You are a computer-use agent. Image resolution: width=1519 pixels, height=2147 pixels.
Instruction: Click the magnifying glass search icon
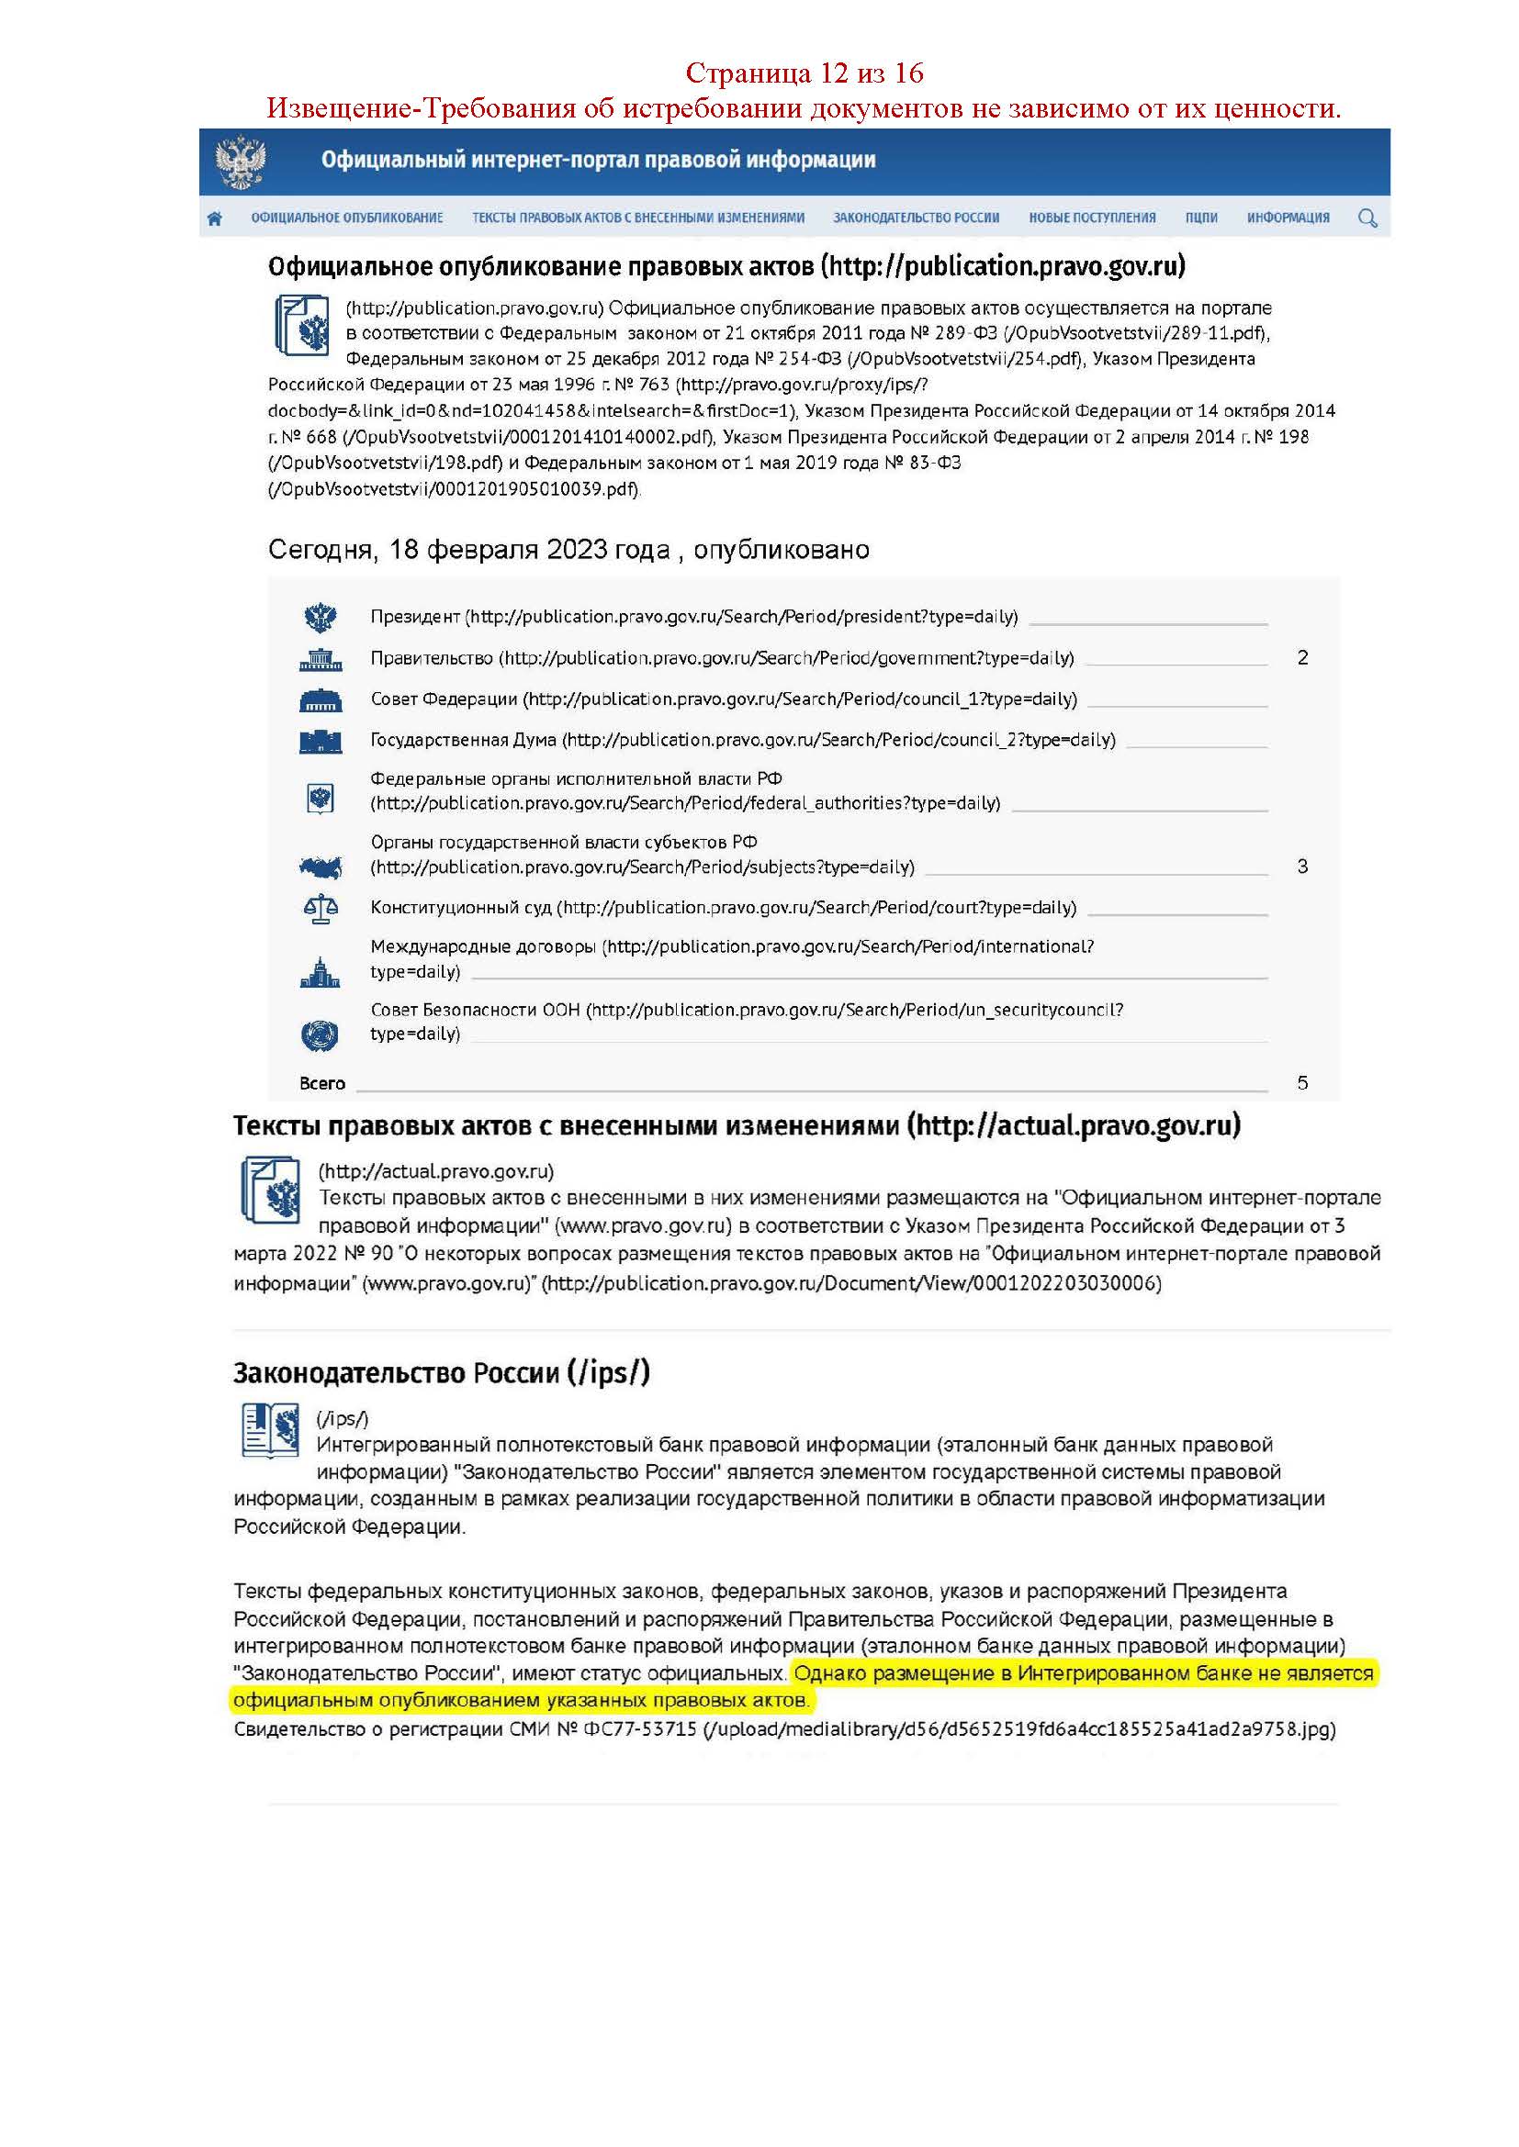pyautogui.click(x=1367, y=218)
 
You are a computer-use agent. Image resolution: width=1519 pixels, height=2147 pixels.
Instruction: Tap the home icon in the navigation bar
pyautogui.click(x=215, y=218)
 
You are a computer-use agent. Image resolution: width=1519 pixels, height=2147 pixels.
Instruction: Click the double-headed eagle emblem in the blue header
pyautogui.click(x=241, y=162)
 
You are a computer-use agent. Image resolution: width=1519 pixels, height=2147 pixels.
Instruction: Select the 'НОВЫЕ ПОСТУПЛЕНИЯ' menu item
pyautogui.click(x=1092, y=218)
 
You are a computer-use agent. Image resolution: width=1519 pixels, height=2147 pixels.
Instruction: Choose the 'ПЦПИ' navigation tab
pyautogui.click(x=1201, y=218)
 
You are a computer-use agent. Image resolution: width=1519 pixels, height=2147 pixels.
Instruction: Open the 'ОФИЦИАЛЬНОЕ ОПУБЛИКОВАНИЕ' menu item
pyautogui.click(x=347, y=218)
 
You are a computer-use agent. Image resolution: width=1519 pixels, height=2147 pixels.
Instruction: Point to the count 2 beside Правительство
pyautogui.click(x=1302, y=657)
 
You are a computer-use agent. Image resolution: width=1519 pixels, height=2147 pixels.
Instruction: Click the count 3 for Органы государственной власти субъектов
pyautogui.click(x=1302, y=866)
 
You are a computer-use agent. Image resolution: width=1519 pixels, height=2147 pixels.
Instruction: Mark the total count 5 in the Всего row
pyautogui.click(x=1302, y=1083)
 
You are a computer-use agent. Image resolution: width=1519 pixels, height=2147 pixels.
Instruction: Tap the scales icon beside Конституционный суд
pyautogui.click(x=321, y=908)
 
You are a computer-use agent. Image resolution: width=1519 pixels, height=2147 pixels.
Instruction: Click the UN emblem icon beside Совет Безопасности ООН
pyautogui.click(x=320, y=1034)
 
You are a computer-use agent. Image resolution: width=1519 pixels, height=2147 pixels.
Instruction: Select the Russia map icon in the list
pyautogui.click(x=320, y=867)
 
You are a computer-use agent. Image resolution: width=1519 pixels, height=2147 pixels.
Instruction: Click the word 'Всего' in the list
pyautogui.click(x=321, y=1083)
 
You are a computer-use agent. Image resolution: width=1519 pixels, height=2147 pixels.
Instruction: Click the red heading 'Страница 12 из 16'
pyautogui.click(x=805, y=72)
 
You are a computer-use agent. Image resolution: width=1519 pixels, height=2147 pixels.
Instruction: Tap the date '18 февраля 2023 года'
pyautogui.click(x=529, y=549)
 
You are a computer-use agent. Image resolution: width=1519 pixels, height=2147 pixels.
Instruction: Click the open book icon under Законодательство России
pyautogui.click(x=269, y=1430)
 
